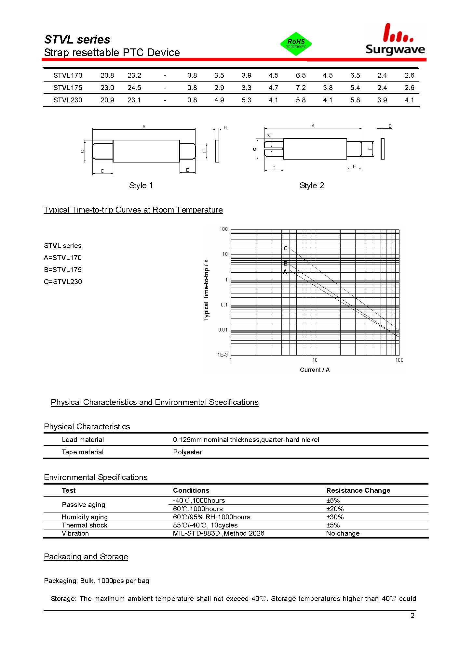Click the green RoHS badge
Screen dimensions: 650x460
coord(296,44)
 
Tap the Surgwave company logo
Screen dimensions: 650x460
coord(395,40)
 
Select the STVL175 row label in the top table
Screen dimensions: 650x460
coord(68,88)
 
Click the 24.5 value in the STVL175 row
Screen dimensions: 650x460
coord(134,88)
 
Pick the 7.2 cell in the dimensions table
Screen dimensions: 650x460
coord(301,88)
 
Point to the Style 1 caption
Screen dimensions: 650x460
coord(141,186)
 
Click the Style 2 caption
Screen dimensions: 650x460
coord(312,186)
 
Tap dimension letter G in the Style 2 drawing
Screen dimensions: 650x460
coord(268,136)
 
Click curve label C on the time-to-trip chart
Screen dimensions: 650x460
coord(286,248)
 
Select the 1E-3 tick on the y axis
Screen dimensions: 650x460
coord(223,355)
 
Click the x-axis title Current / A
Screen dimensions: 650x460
coord(315,370)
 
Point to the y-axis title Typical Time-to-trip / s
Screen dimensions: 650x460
coord(206,290)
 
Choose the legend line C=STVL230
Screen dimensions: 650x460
coord(63,282)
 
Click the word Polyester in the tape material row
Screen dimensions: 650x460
coord(187,452)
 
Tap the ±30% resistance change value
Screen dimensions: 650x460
coord(335,517)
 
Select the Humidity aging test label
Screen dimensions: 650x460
coord(85,517)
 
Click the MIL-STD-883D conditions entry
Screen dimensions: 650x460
coord(219,533)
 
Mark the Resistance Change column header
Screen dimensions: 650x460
coord(358,490)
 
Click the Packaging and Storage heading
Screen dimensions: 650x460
coord(86,557)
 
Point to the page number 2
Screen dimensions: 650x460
coord(413,616)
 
